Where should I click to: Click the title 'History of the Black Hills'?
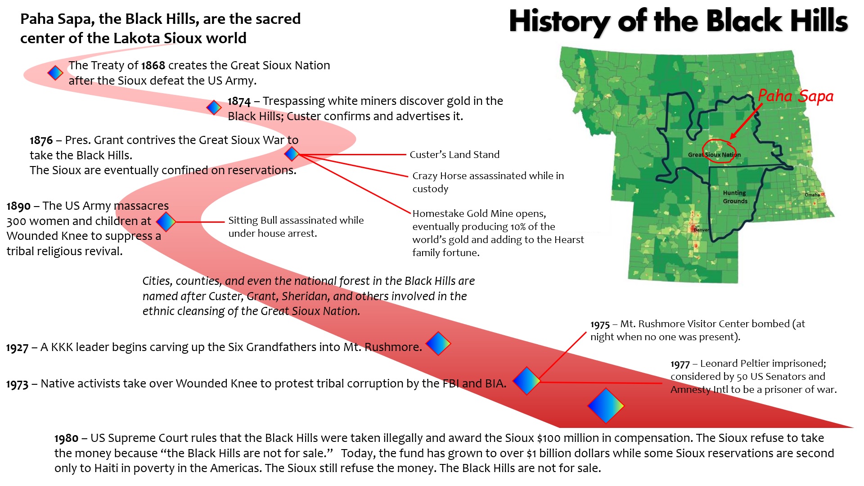click(678, 22)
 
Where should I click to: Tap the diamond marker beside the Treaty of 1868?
click(55, 72)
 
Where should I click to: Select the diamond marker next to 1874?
click(214, 107)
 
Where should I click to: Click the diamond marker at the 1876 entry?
click(292, 154)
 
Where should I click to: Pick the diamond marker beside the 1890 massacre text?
click(166, 221)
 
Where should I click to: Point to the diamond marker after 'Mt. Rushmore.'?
click(438, 344)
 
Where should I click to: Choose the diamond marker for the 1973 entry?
click(527, 381)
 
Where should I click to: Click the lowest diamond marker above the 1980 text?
click(606, 406)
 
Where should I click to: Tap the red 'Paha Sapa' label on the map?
click(796, 96)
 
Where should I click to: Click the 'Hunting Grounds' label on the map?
click(735, 197)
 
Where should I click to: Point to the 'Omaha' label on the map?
click(812, 195)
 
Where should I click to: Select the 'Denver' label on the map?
click(701, 230)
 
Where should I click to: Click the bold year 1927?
click(17, 348)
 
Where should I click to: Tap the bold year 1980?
click(66, 439)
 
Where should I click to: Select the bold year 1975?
click(600, 325)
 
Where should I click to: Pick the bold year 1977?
click(680, 364)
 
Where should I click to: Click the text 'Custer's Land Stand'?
click(454, 155)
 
